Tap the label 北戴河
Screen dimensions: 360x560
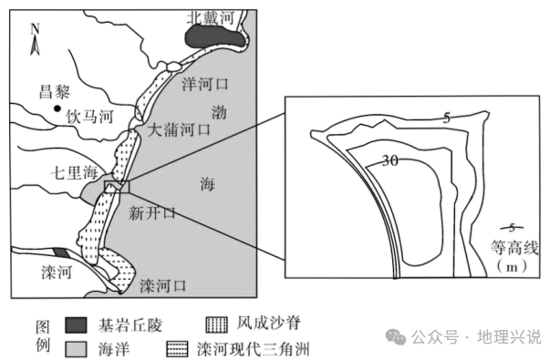point(211,16)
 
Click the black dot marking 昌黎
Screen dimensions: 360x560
point(57,110)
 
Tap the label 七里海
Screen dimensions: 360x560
point(75,170)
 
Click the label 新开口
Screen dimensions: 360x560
point(151,214)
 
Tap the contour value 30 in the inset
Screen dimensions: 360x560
point(390,162)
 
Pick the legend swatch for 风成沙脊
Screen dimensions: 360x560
point(216,324)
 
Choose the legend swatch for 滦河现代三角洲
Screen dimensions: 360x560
point(179,347)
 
